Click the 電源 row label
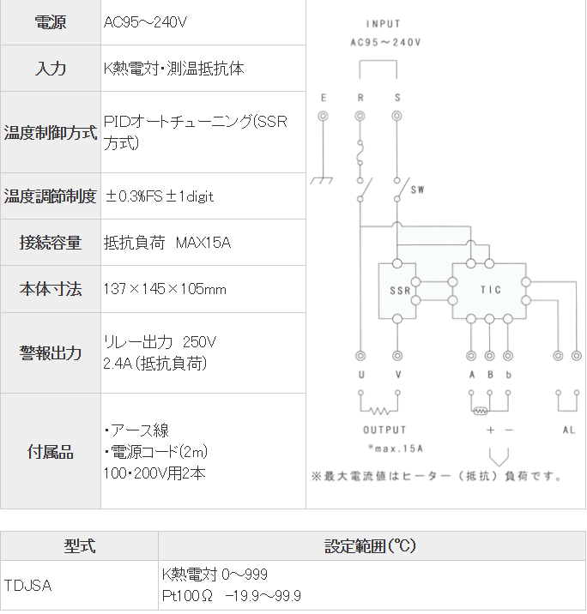point(51,23)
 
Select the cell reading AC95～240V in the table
point(145,23)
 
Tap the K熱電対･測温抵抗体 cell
point(173,69)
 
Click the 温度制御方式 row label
point(51,133)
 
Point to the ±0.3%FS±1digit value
point(159,196)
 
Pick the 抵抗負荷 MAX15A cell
point(166,243)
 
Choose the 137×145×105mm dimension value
point(165,289)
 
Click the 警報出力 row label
point(51,352)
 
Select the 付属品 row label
point(51,452)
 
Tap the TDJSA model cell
point(28,586)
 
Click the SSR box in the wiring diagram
point(399,291)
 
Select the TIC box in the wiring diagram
point(489,291)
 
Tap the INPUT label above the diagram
point(383,24)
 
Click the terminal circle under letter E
point(323,116)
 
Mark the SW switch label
point(418,189)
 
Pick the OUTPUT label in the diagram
point(384,430)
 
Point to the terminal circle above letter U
point(360,355)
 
